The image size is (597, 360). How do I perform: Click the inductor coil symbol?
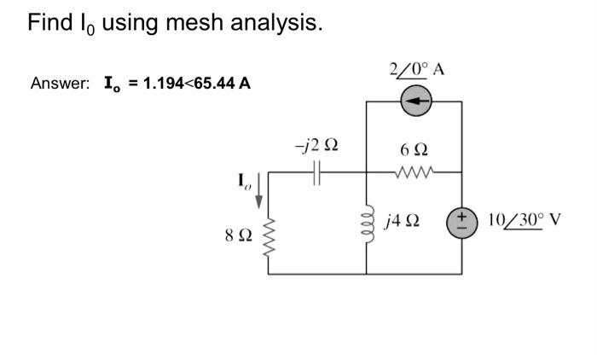(367, 222)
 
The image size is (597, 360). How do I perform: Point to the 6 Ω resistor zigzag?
(414, 171)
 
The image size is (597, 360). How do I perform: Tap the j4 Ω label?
(402, 222)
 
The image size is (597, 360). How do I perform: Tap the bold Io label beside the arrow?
(244, 181)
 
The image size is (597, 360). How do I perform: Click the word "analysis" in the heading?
(277, 23)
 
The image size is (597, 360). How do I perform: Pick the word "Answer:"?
(60, 84)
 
